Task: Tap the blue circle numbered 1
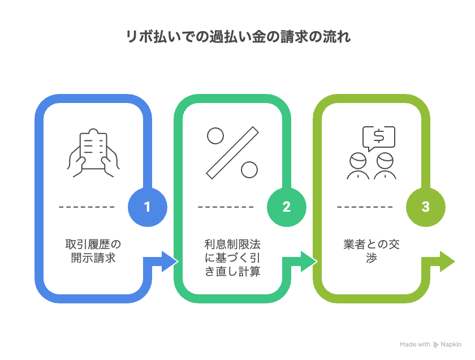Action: [148, 207]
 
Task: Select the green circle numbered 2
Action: [287, 207]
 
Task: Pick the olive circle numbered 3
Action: [426, 207]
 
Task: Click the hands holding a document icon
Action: [93, 150]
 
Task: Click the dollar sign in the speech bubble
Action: [378, 136]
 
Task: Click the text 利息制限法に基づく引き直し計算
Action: [232, 258]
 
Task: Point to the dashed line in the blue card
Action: [87, 207]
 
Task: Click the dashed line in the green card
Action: [226, 207]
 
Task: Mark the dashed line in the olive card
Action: [365, 207]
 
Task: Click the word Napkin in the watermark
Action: [451, 344]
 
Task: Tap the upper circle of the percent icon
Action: [215, 136]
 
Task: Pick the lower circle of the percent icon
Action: [249, 169]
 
